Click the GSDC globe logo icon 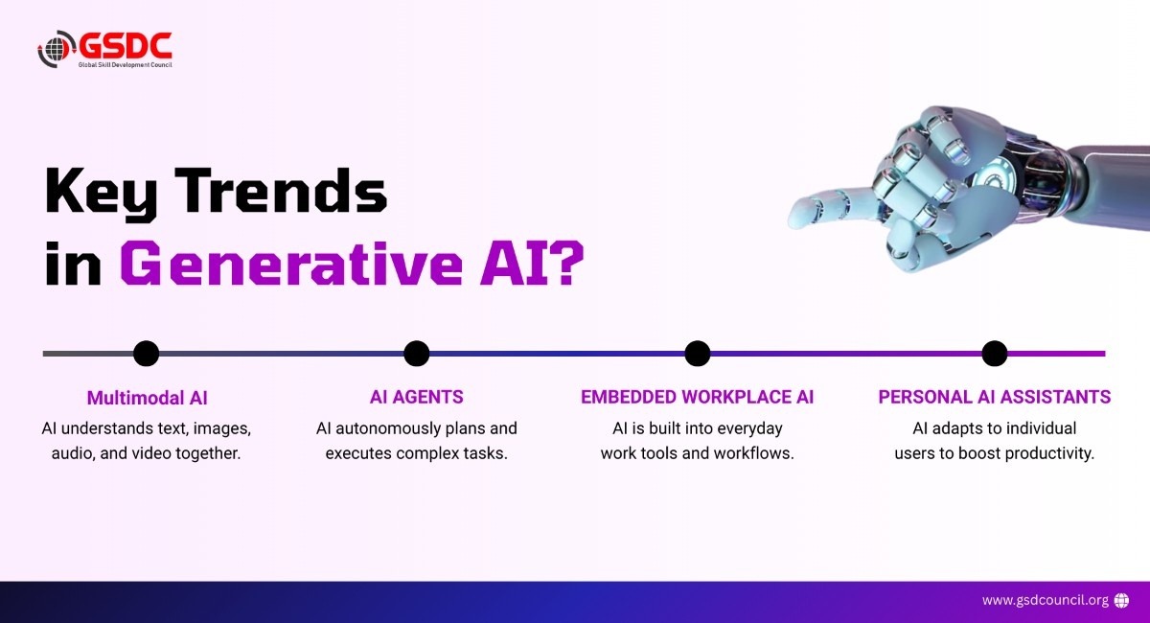click(57, 49)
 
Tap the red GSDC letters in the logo click(126, 46)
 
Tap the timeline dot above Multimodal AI click(147, 354)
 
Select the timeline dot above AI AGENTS click(416, 354)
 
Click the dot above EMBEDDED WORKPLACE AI click(698, 354)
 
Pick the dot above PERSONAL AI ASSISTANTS click(995, 354)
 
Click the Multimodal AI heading click(148, 398)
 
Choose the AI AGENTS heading click(416, 397)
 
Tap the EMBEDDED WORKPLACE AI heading click(698, 397)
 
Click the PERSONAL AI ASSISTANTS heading click(995, 397)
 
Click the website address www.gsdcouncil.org click(1046, 600)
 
